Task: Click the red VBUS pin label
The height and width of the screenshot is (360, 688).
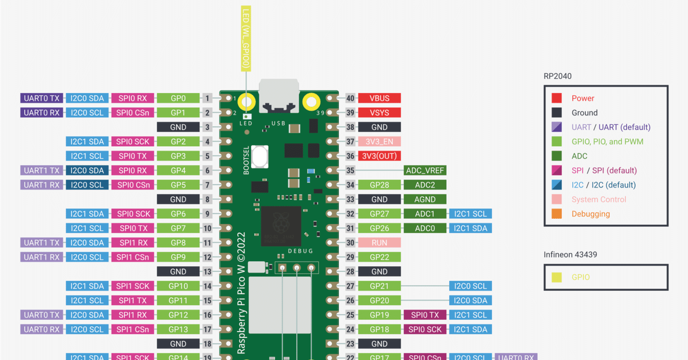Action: (x=379, y=98)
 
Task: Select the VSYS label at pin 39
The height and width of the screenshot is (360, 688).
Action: (x=379, y=113)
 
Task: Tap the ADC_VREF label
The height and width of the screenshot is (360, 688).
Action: (x=425, y=170)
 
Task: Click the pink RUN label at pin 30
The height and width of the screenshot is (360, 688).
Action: (x=379, y=243)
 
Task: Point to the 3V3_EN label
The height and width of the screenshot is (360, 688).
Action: (x=379, y=142)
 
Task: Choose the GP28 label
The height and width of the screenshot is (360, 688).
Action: (x=379, y=185)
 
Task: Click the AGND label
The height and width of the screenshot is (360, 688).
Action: (x=425, y=199)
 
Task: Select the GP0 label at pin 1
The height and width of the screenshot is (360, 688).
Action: (x=178, y=98)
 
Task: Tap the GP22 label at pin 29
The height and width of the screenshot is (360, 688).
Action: (x=379, y=257)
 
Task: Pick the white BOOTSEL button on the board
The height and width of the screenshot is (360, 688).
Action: (x=260, y=157)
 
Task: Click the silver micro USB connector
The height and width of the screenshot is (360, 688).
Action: (x=279, y=96)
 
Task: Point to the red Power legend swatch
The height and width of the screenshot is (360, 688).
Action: (x=557, y=98)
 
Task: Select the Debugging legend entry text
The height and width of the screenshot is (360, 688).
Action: (x=591, y=214)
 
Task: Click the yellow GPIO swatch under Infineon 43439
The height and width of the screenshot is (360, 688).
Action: (x=557, y=277)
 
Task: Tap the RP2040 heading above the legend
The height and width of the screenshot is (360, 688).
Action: (x=557, y=76)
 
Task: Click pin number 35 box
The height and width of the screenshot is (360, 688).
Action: (x=350, y=170)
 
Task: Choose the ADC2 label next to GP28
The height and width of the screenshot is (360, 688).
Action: (x=425, y=185)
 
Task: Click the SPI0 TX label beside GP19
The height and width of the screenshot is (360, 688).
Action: (x=425, y=315)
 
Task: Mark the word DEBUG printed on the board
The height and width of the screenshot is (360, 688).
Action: (x=300, y=251)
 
